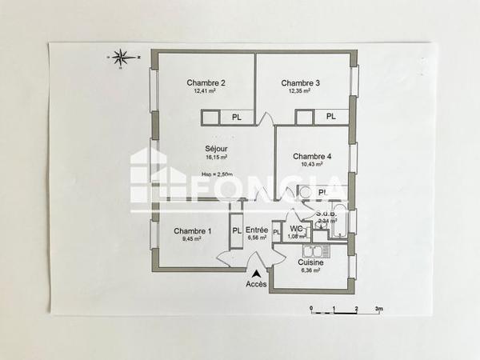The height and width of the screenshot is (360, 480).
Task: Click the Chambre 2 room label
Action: (206, 83)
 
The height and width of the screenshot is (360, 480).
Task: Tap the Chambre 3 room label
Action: (301, 83)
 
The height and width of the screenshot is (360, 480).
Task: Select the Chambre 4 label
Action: (312, 156)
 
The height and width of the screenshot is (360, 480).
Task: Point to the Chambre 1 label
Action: (193, 231)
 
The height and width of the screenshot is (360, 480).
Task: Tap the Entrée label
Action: (257, 230)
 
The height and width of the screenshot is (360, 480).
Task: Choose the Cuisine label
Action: (310, 262)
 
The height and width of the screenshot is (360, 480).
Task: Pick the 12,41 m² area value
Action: (206, 91)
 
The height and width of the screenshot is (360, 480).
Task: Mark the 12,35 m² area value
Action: (301, 91)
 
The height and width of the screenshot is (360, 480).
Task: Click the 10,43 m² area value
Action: (312, 165)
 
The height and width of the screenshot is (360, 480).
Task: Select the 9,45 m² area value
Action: (192, 238)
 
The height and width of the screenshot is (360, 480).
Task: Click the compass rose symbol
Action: (122, 58)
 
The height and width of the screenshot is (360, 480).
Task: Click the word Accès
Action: (256, 283)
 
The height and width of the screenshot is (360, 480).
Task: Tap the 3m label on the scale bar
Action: (379, 308)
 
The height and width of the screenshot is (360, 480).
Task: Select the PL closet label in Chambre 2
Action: (237, 118)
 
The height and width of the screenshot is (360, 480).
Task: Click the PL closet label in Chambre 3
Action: (330, 118)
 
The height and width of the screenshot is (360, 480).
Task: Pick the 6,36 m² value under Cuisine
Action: (310, 270)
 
